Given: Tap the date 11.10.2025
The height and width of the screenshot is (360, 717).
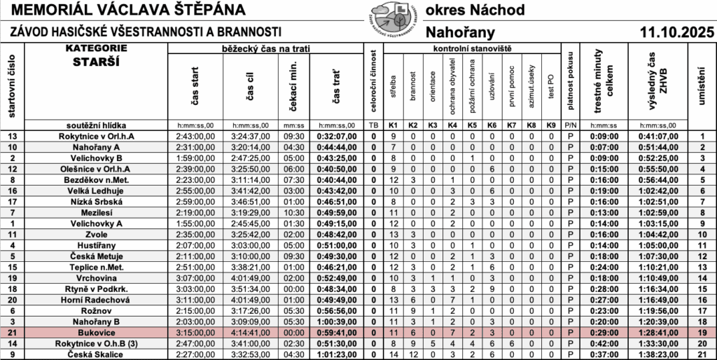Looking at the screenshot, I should [676, 32].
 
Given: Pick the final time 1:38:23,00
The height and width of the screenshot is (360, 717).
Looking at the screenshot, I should [657, 355].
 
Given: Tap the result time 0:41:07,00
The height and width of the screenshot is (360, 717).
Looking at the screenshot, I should [657, 137].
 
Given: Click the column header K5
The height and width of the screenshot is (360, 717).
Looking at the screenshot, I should [473, 125].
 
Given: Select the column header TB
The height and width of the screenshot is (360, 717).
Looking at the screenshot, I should [373, 125].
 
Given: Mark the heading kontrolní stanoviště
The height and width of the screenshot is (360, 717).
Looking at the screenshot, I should [473, 48].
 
